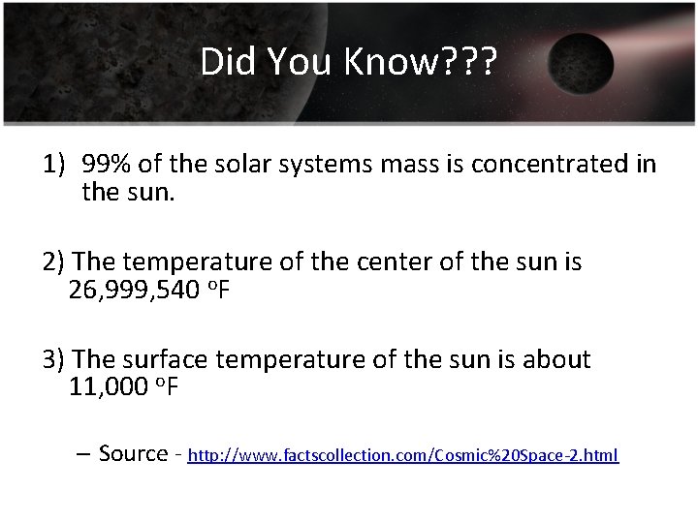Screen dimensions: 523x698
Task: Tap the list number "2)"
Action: pos(54,262)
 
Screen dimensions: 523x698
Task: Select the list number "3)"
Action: pos(54,359)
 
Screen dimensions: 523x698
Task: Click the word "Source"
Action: pos(134,453)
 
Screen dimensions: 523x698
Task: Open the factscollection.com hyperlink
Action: pos(402,455)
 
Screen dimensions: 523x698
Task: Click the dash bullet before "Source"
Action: pos(81,453)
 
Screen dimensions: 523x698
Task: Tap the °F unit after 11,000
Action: pos(167,387)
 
